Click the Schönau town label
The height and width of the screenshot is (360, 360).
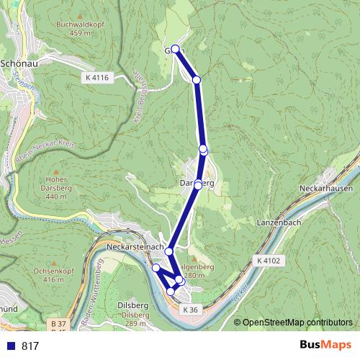(21, 63)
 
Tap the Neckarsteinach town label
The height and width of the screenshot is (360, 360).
(133, 247)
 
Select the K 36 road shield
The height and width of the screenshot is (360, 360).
(189, 309)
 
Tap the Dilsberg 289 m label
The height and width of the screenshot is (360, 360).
(135, 315)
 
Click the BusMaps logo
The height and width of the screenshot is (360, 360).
(325, 344)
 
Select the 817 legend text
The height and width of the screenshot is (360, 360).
(30, 346)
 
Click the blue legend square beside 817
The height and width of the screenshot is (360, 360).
(10, 346)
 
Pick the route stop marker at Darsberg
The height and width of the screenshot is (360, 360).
(198, 186)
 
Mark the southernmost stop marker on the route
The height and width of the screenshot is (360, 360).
(171, 291)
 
